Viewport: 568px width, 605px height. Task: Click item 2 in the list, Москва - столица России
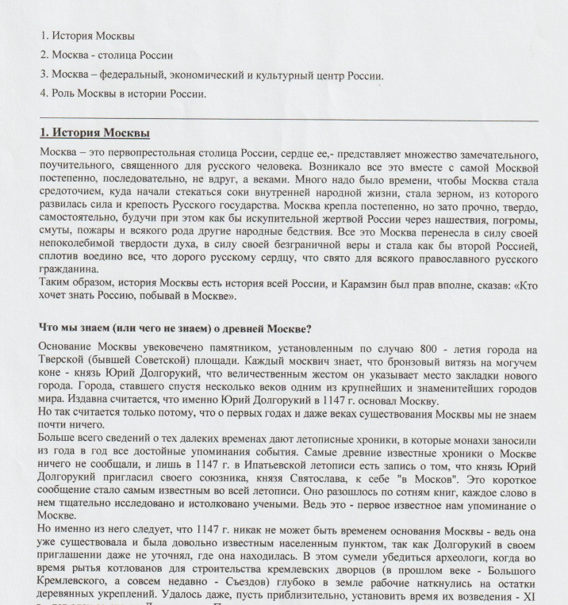106,56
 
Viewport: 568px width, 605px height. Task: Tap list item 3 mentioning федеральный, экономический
212,75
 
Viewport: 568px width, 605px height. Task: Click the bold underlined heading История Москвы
94,132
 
